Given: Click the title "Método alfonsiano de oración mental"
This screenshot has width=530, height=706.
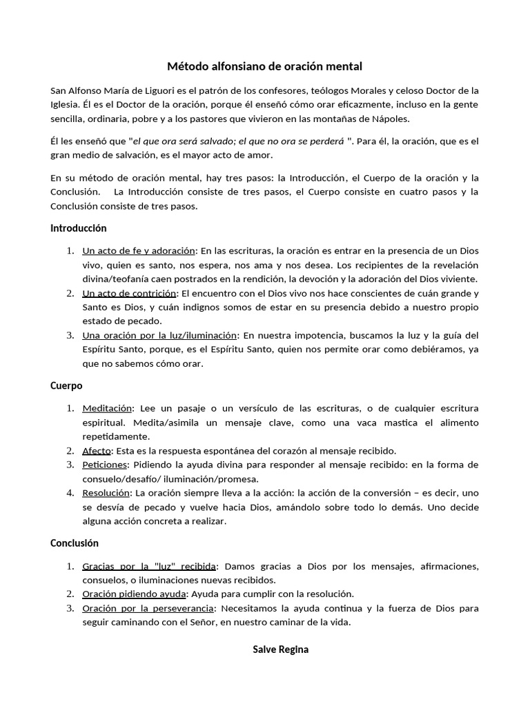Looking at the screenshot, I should (264, 66).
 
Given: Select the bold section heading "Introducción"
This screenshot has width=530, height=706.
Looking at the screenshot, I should (79, 228).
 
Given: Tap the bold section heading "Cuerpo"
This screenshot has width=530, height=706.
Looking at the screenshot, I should (66, 385).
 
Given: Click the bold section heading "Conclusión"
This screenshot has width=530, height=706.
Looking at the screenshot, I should (75, 543).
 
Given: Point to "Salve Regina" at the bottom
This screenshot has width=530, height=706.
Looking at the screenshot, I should (280, 649).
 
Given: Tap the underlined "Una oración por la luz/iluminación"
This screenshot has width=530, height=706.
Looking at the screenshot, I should (159, 335).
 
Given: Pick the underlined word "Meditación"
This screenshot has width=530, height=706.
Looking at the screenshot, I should (107, 408).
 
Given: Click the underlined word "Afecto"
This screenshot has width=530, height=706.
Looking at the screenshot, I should (97, 450).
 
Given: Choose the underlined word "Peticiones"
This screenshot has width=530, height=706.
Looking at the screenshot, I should (105, 465).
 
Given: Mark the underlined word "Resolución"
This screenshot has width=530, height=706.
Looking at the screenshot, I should (106, 493).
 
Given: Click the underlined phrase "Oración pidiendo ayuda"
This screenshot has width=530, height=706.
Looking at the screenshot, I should (135, 594).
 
